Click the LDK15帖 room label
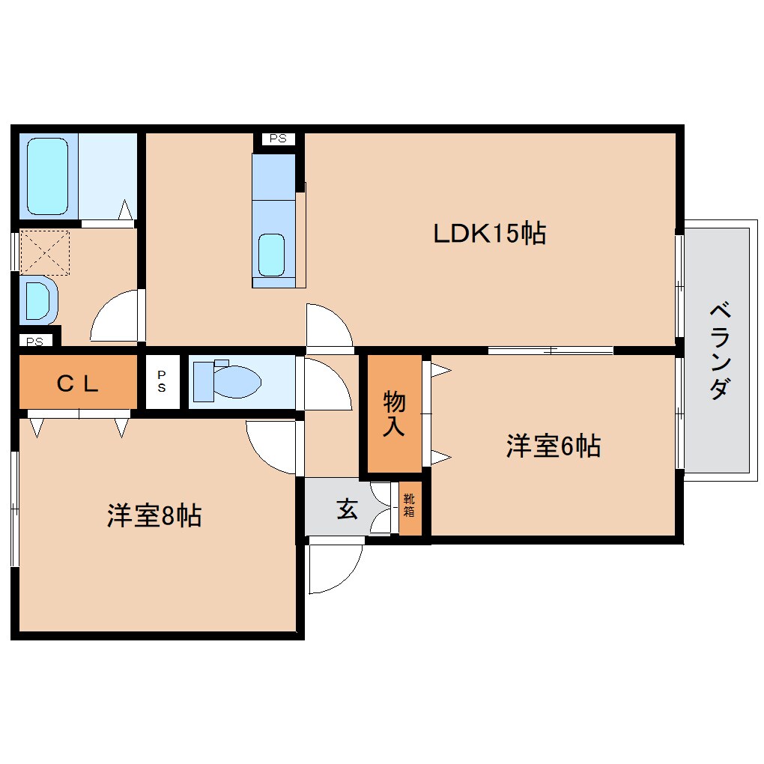coord(489,234)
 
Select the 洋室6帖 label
coord(553,447)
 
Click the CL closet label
coord(78,384)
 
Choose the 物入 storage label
coord(394,413)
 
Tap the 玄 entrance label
coord(346,509)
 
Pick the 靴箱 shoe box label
coord(409,505)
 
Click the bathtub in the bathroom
coord(48,177)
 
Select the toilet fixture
coord(227,381)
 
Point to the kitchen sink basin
coord(271,254)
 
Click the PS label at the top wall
coord(278,139)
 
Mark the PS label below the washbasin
coord(34,342)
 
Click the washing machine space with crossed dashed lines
coord(44,252)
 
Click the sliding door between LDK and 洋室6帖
coord(551,350)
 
